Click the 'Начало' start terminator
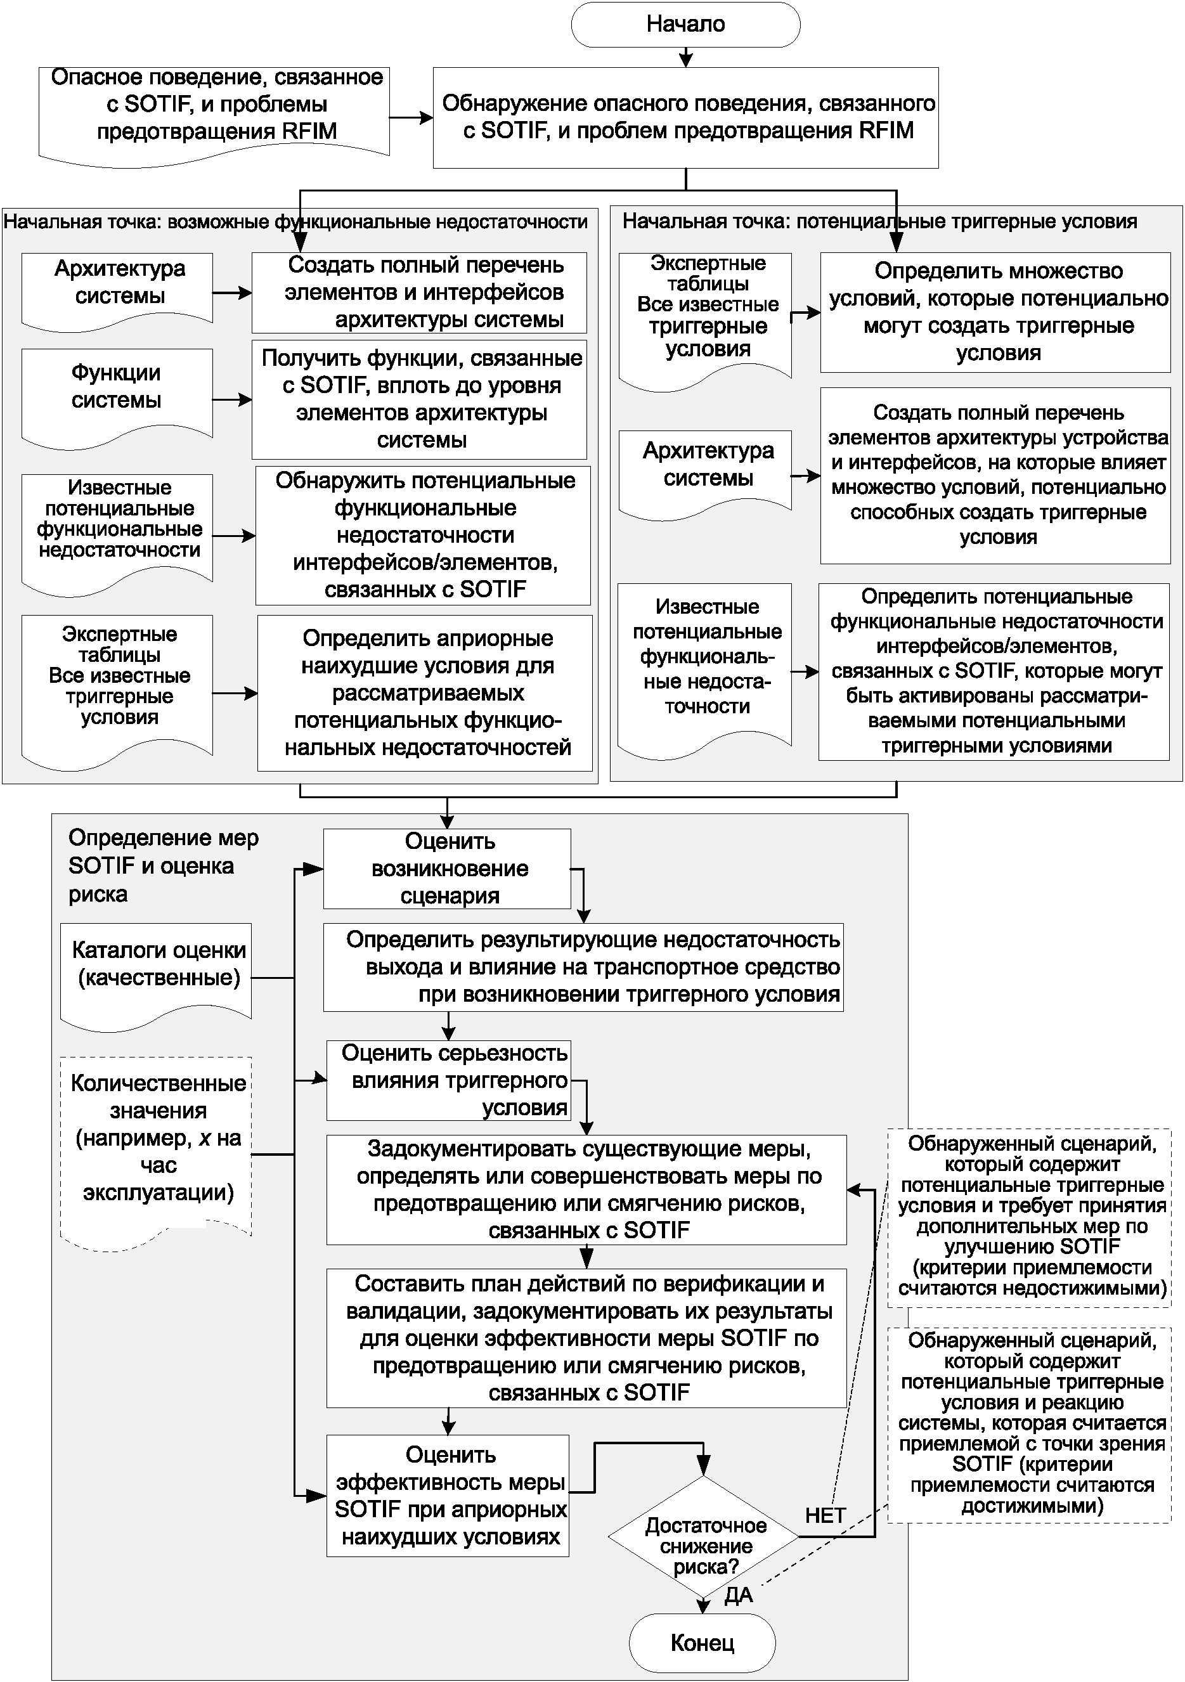pos(685,25)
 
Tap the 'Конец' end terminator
pos(702,1643)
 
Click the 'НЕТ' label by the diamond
pos(825,1515)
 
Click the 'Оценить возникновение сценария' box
pos(447,869)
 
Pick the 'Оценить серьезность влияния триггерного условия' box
pos(448,1080)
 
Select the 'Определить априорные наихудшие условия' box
pos(425,693)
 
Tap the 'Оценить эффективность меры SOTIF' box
pos(448,1495)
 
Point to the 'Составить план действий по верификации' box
pos(586,1338)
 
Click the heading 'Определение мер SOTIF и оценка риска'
pos(163,866)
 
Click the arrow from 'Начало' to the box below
pos(686,57)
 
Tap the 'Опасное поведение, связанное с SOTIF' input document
pos(214,108)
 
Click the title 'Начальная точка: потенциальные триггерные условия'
pos(879,221)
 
